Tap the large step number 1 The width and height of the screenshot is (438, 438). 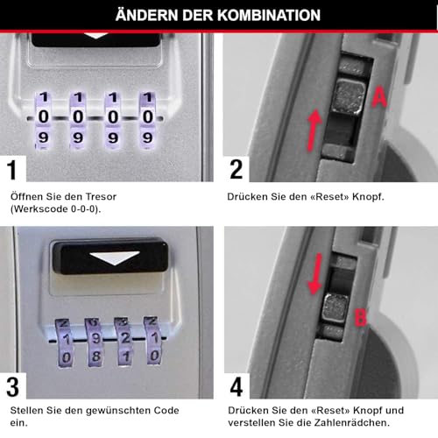[11, 168]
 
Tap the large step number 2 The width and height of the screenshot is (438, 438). [236, 168]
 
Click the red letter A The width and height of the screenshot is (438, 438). [378, 99]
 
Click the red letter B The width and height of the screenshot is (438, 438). [359, 317]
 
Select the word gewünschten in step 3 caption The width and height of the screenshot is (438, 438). [105, 409]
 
